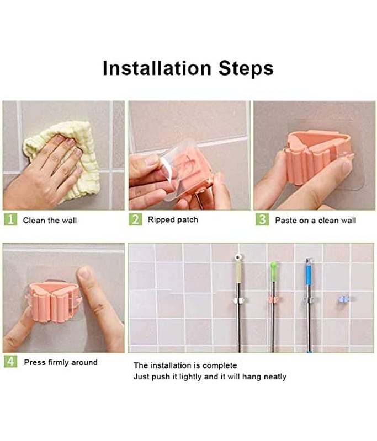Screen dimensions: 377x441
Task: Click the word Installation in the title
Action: pos(157,68)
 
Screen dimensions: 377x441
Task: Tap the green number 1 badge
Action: pos(10,219)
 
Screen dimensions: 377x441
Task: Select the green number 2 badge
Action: pos(135,219)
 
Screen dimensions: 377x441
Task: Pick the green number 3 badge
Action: pos(262,219)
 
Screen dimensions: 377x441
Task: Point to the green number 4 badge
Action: pos(10,361)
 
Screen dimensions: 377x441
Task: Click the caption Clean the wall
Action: pos(50,220)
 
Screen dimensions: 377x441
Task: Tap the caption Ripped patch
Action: pos(173,219)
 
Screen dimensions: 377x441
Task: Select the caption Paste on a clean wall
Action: pos(315,220)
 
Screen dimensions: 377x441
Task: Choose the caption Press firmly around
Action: pos(61,362)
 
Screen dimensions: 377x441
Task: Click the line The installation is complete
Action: pos(185,365)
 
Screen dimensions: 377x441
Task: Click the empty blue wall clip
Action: pos(343,300)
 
